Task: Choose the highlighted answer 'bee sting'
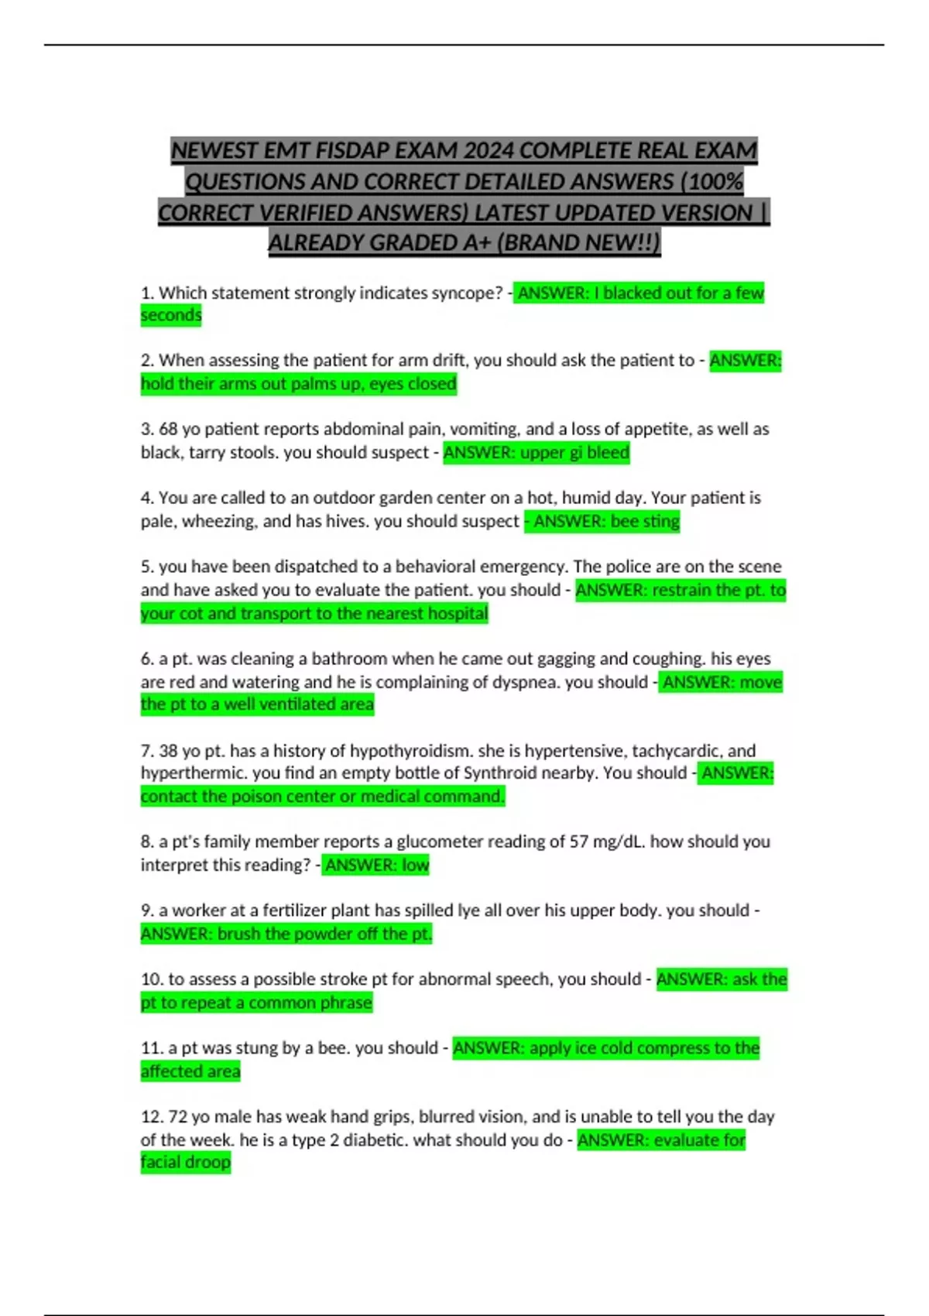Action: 645,522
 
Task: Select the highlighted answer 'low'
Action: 415,865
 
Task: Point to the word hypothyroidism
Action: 410,751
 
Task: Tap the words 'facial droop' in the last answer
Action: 186,1163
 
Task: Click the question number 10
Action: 151,980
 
